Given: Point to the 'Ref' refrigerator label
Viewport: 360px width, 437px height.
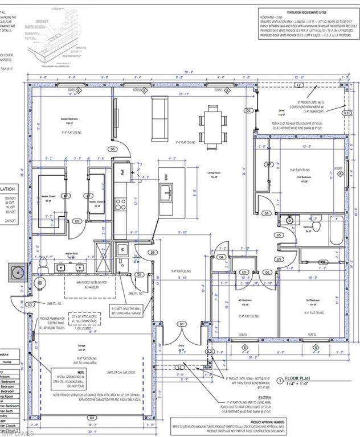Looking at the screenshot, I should tap(121, 169).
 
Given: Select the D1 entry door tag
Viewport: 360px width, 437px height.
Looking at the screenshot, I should tap(182, 324).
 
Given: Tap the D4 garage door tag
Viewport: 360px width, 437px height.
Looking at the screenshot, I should tap(91, 418).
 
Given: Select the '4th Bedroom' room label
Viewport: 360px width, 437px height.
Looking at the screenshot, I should tap(245, 302).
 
